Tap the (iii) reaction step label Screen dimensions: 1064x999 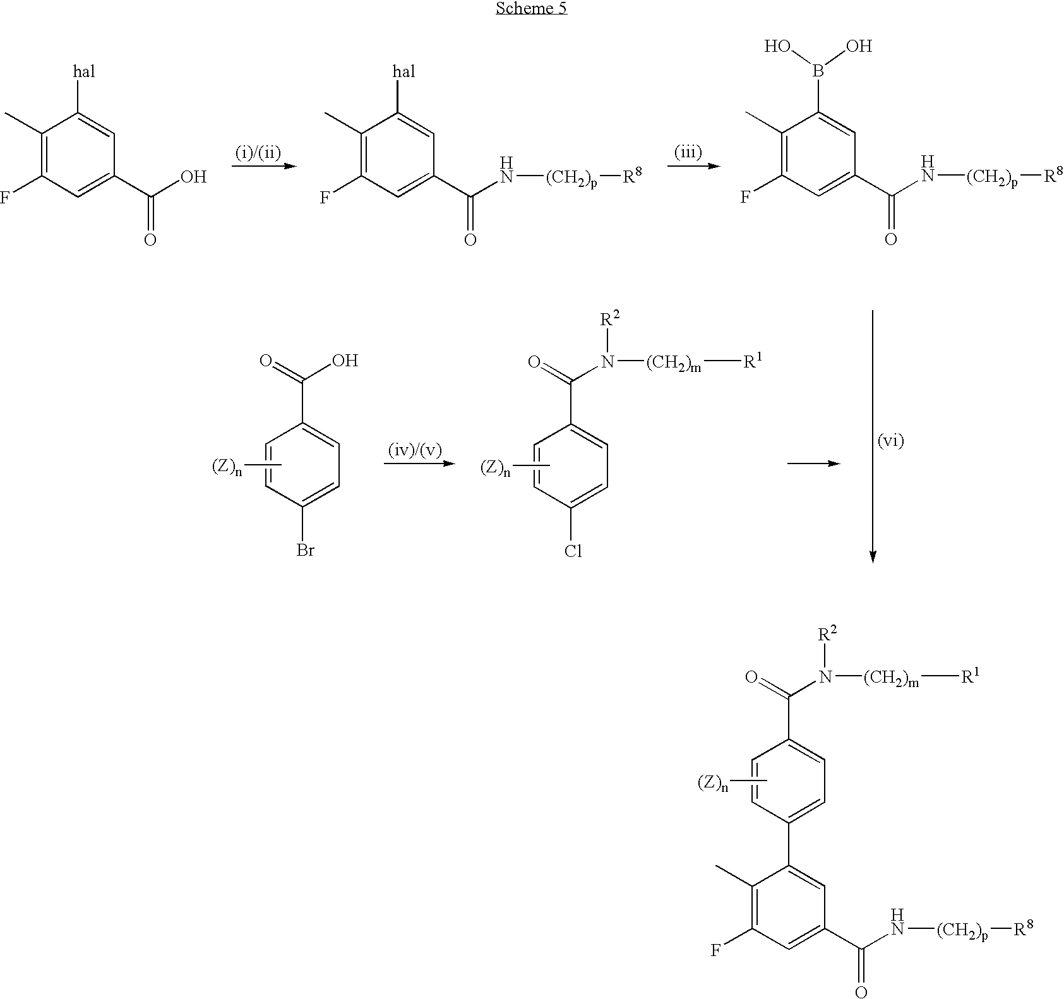688,152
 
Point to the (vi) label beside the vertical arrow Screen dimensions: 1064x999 891,441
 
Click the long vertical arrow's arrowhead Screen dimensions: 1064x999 873,555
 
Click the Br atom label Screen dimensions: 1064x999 306,551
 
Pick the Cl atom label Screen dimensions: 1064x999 573,551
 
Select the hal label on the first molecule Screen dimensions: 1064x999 85,71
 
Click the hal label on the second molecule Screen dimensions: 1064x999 404,71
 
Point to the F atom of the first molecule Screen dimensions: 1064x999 5,199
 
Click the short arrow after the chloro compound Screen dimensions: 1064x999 814,464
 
